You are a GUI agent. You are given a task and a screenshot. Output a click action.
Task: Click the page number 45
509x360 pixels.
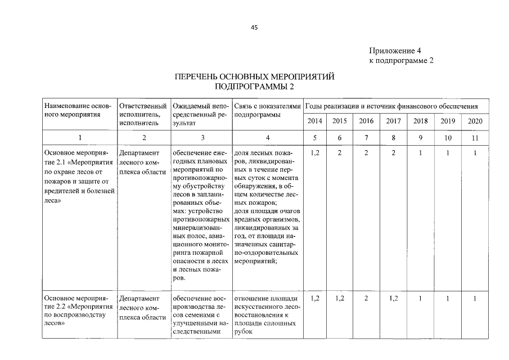[x=254, y=28]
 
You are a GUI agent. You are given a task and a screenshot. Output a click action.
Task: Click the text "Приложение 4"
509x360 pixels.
[x=396, y=51]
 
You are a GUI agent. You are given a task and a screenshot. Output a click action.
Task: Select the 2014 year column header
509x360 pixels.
[x=315, y=121]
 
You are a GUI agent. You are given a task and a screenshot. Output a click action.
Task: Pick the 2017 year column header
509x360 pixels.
[x=394, y=121]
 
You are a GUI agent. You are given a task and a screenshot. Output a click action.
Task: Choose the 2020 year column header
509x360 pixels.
[x=475, y=121]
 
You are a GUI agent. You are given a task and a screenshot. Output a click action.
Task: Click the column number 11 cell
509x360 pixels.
[x=475, y=138]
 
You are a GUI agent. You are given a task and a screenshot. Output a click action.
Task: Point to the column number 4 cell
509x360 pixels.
[x=267, y=138]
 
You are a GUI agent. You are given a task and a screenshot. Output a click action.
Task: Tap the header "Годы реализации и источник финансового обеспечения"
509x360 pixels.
[x=391, y=106]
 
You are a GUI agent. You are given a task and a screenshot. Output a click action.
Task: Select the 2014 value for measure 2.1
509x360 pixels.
[x=315, y=152]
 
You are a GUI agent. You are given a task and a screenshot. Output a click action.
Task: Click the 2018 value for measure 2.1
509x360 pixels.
[x=420, y=152]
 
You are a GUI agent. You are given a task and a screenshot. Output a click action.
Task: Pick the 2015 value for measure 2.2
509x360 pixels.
[x=340, y=298]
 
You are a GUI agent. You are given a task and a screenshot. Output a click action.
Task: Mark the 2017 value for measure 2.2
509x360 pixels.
[x=394, y=298]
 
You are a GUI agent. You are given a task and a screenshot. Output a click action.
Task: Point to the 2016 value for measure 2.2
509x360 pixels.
[x=366, y=298]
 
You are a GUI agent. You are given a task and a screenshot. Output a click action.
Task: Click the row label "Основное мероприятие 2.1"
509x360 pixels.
[x=79, y=157]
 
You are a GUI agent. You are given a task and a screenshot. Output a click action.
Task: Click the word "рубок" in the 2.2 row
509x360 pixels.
[x=244, y=332]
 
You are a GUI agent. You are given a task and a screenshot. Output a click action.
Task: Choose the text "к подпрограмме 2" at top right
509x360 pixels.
[x=401, y=61]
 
